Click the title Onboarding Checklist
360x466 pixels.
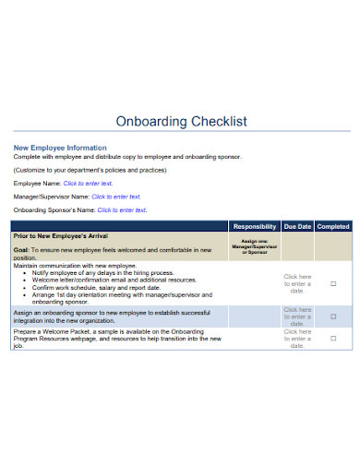180,122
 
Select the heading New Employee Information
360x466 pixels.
59,148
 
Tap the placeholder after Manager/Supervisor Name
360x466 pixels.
115,197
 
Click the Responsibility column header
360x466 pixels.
254,226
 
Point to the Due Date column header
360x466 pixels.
297,226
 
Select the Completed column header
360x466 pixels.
333,226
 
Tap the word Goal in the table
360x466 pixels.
20,250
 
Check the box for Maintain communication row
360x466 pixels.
333,284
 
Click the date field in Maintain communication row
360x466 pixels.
297,284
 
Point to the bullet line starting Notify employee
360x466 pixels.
102,273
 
